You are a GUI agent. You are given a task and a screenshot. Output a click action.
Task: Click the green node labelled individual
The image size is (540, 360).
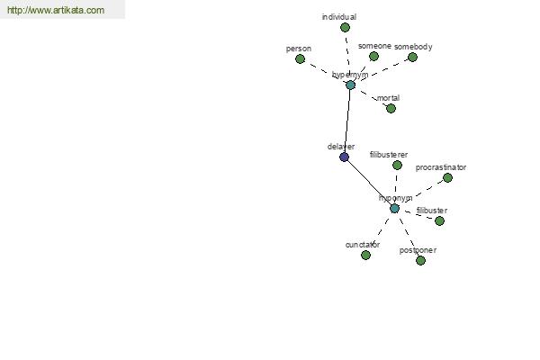(x=345, y=28)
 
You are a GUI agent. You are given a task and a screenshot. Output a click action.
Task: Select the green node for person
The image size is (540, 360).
(x=301, y=59)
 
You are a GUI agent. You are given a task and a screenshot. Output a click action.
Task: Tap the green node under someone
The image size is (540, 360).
(x=373, y=57)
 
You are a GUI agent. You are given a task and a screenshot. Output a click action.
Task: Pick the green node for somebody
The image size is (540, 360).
(x=412, y=58)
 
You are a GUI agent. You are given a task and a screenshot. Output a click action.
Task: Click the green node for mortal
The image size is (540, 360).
(x=391, y=109)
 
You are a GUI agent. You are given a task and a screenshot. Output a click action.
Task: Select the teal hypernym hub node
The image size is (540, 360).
(x=350, y=85)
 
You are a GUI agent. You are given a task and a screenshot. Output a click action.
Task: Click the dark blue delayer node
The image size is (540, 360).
(x=344, y=157)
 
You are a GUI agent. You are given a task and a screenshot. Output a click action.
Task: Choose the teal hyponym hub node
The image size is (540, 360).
(x=394, y=209)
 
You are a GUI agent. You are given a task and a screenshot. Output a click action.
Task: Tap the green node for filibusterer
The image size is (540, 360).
(x=397, y=166)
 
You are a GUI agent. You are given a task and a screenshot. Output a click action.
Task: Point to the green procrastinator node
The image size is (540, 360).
(x=447, y=178)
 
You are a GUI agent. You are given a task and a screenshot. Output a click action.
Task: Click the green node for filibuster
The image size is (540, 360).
(x=439, y=221)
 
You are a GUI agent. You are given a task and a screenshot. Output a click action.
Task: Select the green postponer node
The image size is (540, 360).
(x=420, y=261)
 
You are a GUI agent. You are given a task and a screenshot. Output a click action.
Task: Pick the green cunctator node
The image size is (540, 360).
(x=365, y=256)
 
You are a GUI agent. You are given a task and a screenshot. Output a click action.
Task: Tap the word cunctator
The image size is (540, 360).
(x=363, y=245)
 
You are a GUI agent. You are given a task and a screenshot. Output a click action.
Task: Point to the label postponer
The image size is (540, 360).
(x=418, y=250)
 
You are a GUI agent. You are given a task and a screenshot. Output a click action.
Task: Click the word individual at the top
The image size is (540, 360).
(x=339, y=17)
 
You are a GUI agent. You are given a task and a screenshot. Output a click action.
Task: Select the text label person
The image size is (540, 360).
(x=298, y=49)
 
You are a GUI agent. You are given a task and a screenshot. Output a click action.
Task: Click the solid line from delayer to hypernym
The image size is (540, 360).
(x=347, y=121)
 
